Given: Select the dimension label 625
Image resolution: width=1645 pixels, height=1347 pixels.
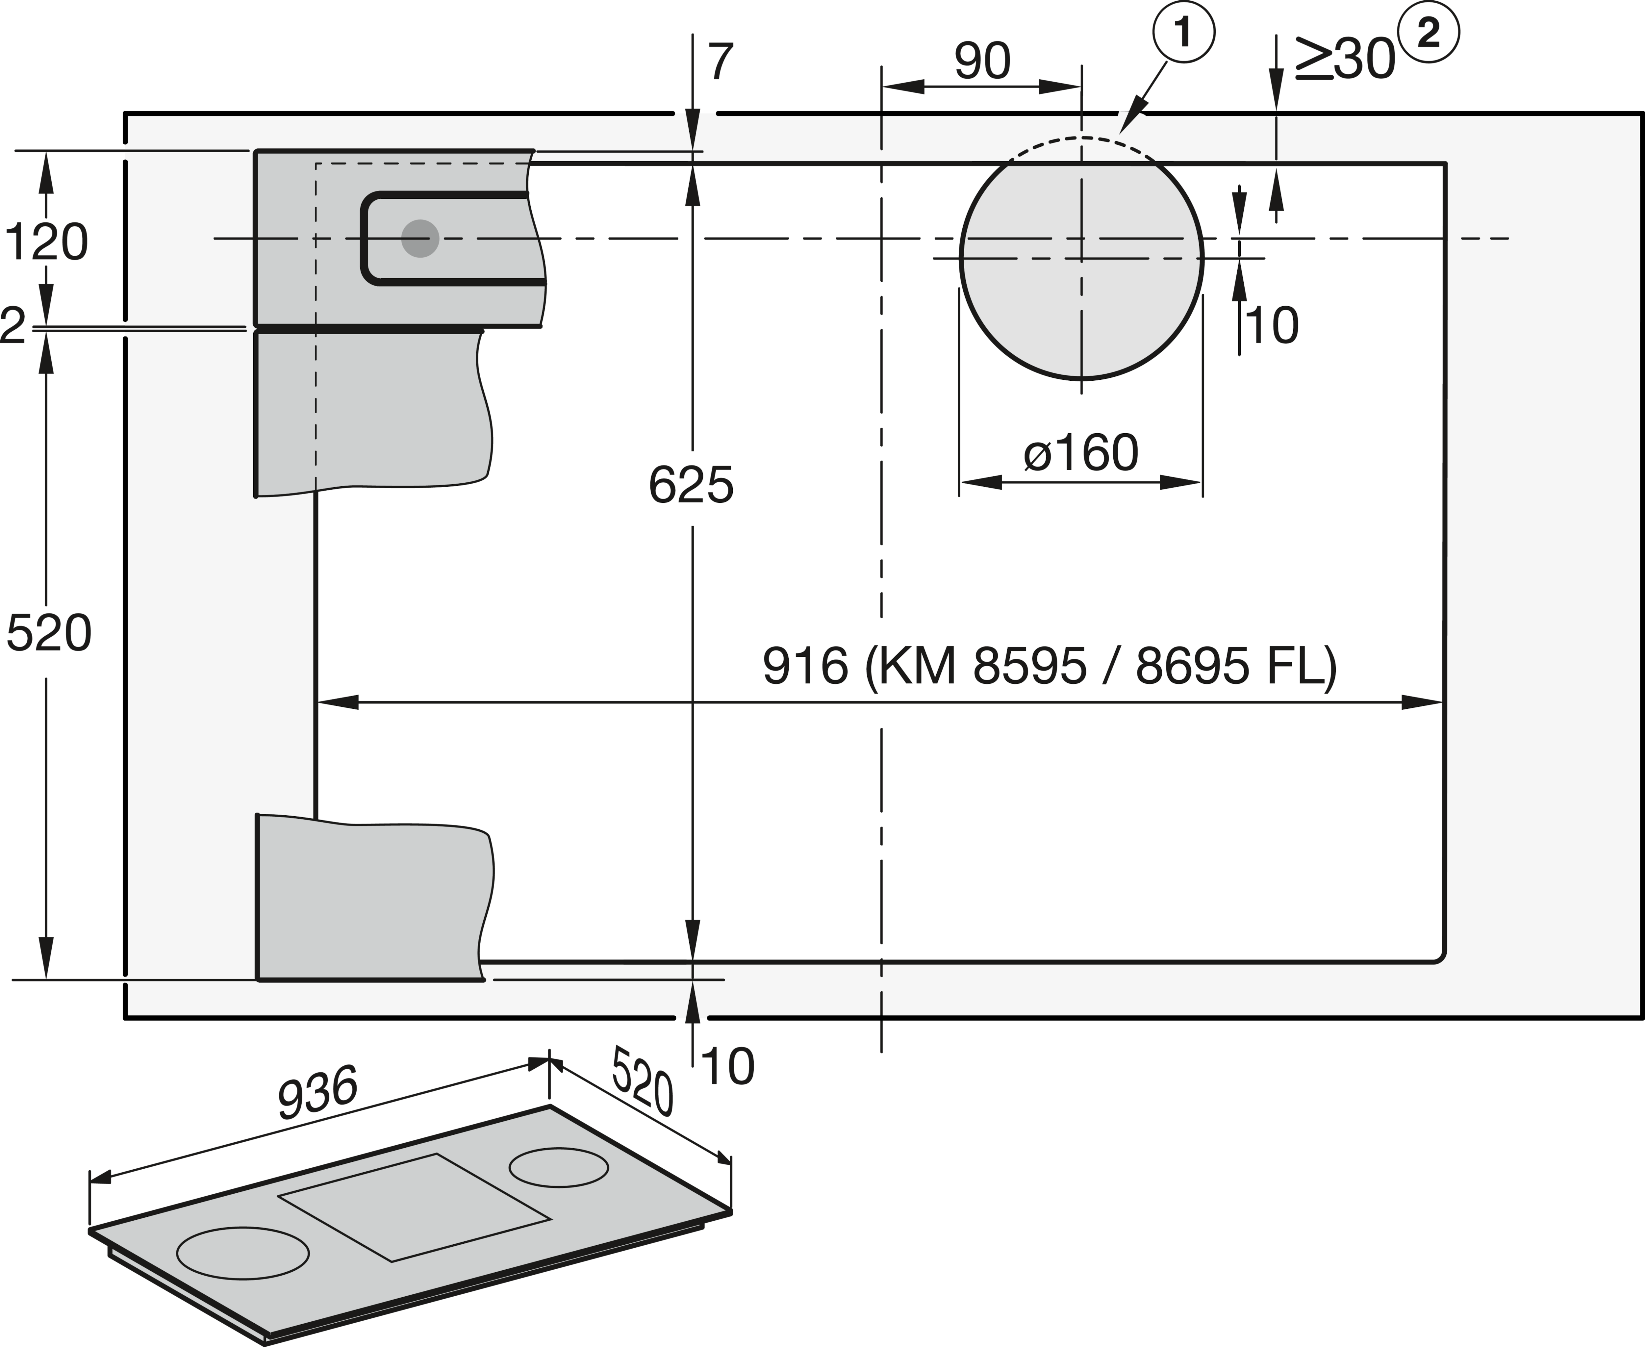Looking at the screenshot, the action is click(691, 487).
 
